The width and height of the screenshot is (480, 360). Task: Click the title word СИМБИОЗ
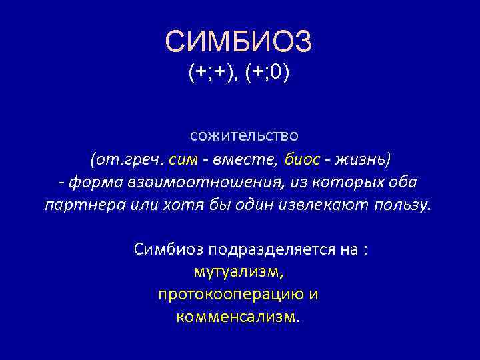coord(238,42)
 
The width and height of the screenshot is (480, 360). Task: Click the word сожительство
coord(244,135)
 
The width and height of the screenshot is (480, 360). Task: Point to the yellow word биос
coord(301,159)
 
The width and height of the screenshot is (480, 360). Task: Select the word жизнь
coord(364,159)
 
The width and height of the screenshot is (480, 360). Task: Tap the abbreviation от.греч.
coord(127,159)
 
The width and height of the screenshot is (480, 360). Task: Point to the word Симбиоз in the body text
coord(169,250)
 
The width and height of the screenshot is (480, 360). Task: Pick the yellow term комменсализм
coord(238,316)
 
